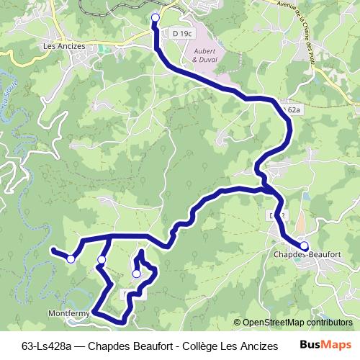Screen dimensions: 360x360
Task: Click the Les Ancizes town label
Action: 64,46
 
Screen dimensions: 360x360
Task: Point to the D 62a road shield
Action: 292,109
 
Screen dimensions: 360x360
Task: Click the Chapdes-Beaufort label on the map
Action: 307,254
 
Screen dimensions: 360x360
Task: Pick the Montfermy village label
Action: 68,314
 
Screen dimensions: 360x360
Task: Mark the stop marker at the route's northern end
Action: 156,17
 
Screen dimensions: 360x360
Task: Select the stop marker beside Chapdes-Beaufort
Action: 304,245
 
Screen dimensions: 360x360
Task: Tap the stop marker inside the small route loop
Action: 136,273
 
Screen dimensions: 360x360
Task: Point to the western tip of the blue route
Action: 53,250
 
